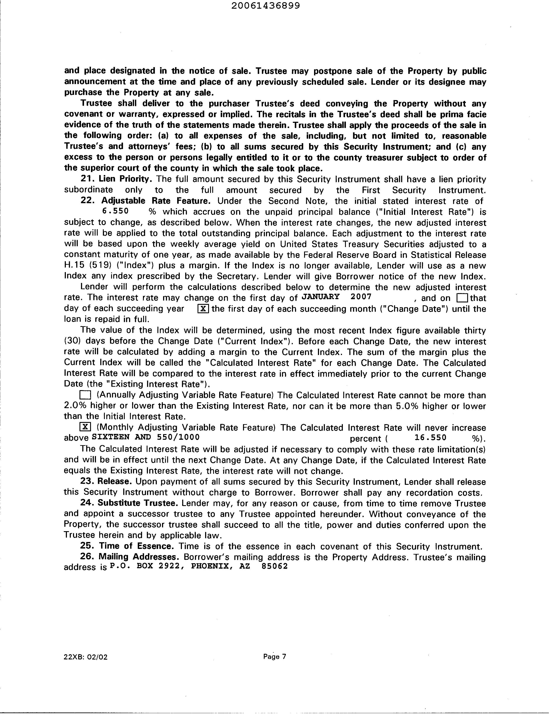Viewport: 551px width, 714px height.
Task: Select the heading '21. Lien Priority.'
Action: point(116,179)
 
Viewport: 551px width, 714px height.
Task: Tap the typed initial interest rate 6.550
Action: point(115,211)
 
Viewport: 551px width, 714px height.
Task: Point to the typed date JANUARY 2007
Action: point(336,297)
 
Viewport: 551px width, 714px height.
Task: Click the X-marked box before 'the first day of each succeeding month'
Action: point(203,309)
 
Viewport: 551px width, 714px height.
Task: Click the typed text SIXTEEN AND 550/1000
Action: point(146,437)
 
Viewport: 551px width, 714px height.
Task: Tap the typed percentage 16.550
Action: point(430,438)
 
